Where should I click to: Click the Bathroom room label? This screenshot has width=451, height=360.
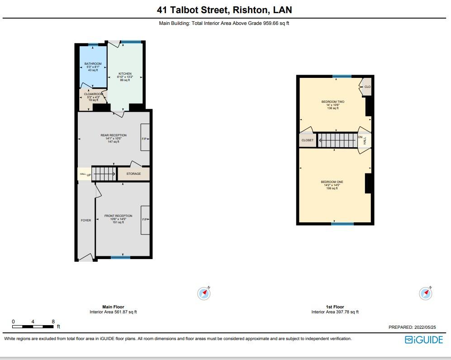pos(93,64)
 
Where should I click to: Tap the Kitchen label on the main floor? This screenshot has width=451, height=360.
pos(125,74)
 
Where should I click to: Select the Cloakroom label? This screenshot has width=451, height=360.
pos(93,94)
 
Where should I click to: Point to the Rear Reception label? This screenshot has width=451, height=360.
pos(114,135)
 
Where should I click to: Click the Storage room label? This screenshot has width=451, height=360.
pos(133,174)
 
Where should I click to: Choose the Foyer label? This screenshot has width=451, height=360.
pos(86,221)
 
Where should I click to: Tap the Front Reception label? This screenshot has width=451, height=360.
pos(118,216)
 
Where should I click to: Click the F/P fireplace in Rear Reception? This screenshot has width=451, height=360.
pos(145,139)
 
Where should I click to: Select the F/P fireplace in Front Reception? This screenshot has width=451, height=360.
pos(145,220)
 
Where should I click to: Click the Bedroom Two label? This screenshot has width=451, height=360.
pos(332,102)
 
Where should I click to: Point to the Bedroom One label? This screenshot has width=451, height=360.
pos(332,182)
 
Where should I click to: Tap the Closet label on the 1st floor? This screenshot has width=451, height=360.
pos(307,140)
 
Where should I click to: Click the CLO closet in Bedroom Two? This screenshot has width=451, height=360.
pos(367,87)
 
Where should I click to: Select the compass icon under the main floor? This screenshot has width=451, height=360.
pos(204,293)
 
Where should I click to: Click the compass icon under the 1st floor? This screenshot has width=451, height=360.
pos(426,293)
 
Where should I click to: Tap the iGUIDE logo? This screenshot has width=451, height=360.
pos(423,340)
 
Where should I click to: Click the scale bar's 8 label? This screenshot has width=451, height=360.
pos(53,322)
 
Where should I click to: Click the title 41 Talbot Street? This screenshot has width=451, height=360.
pos(192,10)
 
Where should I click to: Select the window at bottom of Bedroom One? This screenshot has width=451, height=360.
pos(342,224)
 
